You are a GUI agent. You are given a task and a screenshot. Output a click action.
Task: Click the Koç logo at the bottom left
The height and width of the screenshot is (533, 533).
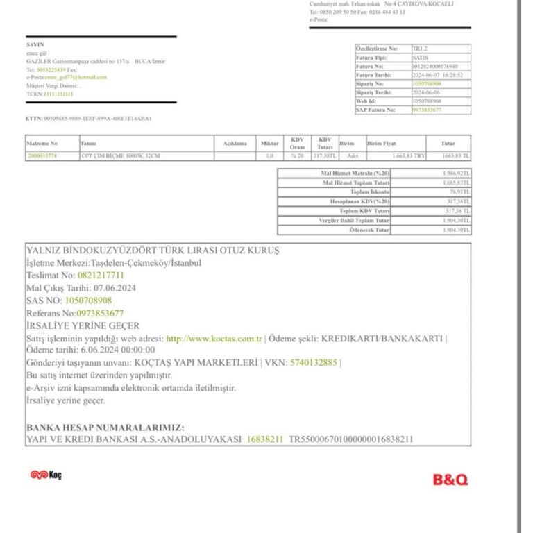tap(46, 475)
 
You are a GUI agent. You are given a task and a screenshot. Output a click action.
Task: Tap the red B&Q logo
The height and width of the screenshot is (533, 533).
tap(450, 480)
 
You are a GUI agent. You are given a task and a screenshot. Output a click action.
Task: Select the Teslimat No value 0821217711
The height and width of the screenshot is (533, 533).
tap(101, 276)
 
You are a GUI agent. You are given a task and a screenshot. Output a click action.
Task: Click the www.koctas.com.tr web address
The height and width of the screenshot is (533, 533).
tap(214, 339)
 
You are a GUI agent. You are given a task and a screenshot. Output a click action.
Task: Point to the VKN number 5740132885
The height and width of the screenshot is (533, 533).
tap(314, 362)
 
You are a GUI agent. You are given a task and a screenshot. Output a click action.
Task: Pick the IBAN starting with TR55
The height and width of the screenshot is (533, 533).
tap(351, 439)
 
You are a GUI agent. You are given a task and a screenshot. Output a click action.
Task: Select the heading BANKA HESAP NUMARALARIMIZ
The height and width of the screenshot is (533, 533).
tap(105, 428)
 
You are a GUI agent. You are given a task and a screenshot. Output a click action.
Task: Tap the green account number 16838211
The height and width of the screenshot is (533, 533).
tap(264, 439)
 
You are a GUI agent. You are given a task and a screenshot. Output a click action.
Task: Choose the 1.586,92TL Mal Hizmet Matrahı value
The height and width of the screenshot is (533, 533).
tap(456, 172)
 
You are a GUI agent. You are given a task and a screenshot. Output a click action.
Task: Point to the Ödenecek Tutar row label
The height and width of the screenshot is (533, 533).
tap(369, 230)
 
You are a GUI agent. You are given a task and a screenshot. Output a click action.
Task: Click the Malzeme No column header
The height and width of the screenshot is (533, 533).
tap(42, 143)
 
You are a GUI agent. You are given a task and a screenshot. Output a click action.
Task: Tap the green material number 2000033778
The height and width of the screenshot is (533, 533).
tap(42, 156)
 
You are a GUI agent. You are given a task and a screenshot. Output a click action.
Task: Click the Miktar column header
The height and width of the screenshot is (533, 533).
tap(269, 143)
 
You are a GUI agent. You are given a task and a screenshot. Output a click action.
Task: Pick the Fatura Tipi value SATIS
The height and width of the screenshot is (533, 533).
tap(421, 58)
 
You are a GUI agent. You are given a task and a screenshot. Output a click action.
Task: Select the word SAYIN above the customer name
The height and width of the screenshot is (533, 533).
tap(35, 45)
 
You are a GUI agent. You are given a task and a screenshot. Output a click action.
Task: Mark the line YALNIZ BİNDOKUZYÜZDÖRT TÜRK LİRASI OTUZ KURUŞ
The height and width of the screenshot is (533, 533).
tap(153, 251)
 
